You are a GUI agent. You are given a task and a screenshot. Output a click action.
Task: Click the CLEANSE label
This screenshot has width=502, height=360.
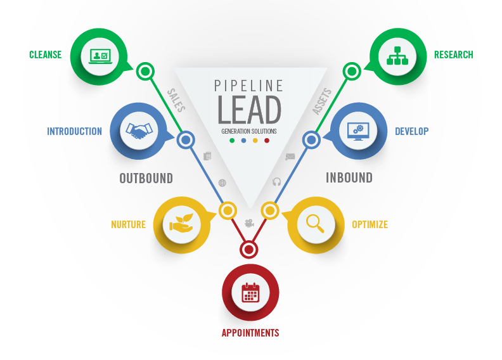click(46, 55)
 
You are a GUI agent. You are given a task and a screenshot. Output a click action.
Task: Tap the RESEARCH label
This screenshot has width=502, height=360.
click(453, 55)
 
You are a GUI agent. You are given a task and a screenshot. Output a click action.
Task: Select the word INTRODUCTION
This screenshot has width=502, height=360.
click(75, 131)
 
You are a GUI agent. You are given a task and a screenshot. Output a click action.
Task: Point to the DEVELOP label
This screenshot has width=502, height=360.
click(411, 131)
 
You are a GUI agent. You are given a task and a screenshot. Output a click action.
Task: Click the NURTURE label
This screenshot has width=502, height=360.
click(129, 224)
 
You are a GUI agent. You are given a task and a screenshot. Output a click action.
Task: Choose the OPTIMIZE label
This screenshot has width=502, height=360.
click(370, 224)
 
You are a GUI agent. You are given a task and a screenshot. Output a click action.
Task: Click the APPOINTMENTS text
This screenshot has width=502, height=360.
click(250, 333)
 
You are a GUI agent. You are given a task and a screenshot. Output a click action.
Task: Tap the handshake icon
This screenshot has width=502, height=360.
click(139, 131)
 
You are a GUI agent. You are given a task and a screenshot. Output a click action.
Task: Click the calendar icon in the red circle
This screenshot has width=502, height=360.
click(250, 292)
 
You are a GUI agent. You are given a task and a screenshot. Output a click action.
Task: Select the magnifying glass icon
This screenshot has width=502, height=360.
click(316, 223)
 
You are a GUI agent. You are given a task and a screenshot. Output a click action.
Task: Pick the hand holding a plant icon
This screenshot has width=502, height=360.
click(181, 222)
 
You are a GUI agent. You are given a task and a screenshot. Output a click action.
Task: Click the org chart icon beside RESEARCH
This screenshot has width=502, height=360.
click(397, 56)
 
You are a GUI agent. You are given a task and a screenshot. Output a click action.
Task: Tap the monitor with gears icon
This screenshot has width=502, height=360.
click(358, 131)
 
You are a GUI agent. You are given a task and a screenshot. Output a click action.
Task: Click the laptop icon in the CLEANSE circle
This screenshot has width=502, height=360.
click(100, 56)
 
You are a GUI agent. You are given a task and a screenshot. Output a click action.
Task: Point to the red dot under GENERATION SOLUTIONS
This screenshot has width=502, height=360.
click(267, 141)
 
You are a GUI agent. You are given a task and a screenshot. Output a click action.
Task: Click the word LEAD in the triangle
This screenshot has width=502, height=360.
click(249, 110)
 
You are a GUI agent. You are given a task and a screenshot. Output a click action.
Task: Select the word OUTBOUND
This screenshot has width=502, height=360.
click(146, 178)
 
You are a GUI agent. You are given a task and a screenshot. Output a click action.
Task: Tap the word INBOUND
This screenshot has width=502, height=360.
click(349, 177)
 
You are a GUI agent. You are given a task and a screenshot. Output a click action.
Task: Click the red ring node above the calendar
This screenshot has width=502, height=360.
click(248, 249)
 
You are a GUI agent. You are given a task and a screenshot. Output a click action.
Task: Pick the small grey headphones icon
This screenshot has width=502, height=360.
click(276, 182)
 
